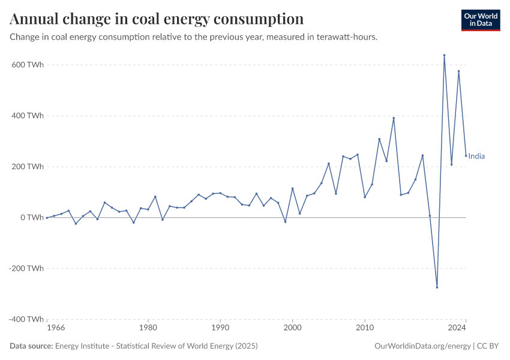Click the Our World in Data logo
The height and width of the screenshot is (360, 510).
[480, 20]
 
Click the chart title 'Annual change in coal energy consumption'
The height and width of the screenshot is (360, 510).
[157, 19]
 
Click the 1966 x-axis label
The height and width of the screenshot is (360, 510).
[56, 328]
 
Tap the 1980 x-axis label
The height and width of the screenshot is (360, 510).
[148, 328]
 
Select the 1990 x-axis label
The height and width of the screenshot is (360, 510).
[220, 328]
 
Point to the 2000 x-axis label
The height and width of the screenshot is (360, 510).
[292, 328]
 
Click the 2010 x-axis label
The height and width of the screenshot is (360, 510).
[365, 328]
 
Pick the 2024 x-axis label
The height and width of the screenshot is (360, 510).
[457, 328]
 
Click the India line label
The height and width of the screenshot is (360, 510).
[476, 157]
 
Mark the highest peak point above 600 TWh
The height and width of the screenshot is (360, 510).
[444, 55]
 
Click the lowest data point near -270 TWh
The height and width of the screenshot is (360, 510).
[437, 287]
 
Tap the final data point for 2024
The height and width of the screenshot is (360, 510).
[466, 156]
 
